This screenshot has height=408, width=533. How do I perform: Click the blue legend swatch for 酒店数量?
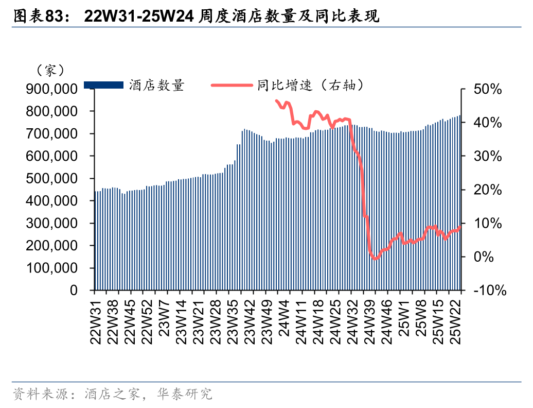[x=103, y=85]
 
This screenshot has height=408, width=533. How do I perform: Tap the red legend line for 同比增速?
[x=232, y=85]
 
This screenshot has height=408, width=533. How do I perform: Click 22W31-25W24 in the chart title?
[x=139, y=17]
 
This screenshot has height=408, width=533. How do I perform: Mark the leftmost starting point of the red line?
[x=276, y=101]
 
